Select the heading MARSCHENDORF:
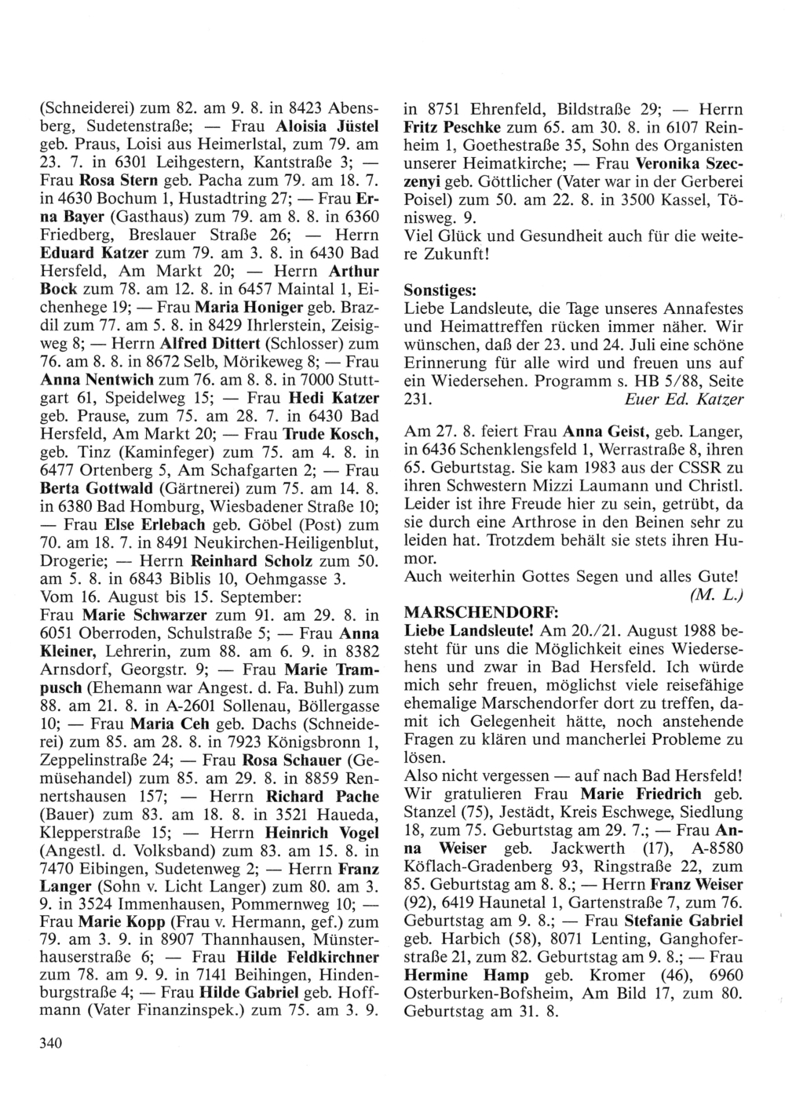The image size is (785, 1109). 462,611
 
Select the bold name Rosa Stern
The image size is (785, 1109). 117,180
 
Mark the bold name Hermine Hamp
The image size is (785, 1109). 445,975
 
